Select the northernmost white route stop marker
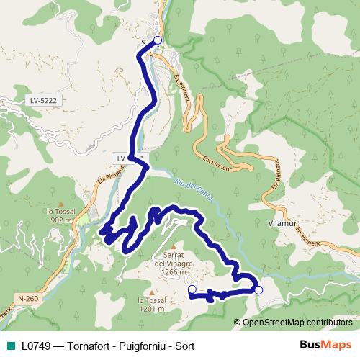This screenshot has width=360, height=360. click(158, 41)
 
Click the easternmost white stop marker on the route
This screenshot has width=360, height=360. click(258, 289)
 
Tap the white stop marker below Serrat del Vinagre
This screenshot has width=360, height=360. click(192, 289)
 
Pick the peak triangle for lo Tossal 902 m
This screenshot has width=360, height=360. click(61, 204)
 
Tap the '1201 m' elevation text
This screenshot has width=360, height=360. click(150, 309)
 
